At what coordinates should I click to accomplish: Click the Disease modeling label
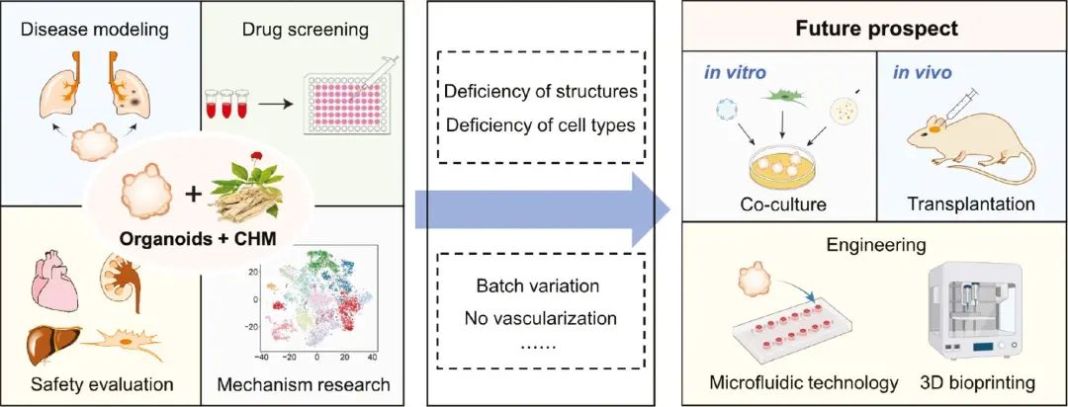tap(99, 30)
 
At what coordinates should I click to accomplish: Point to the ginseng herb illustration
tap(252, 194)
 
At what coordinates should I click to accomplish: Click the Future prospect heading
tap(877, 28)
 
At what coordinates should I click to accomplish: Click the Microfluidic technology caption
tap(804, 382)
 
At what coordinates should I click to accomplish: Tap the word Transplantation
tap(968, 203)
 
